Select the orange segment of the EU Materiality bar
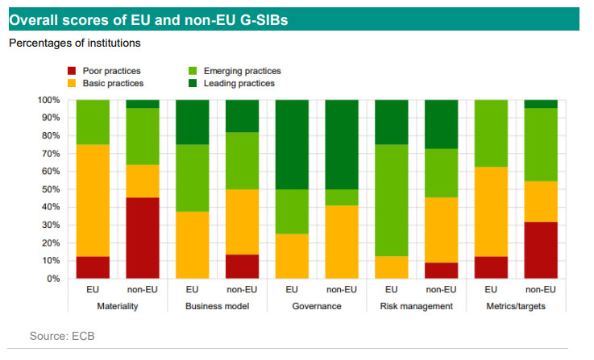coord(92,201)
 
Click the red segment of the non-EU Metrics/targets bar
coord(541,250)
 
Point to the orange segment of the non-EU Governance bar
coord(342,242)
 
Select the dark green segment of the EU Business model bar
coord(192,122)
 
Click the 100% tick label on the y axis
coord(48,100)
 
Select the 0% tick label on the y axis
coord(52,279)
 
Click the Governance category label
coord(317,306)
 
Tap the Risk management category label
coord(417,306)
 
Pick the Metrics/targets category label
coord(516,306)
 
